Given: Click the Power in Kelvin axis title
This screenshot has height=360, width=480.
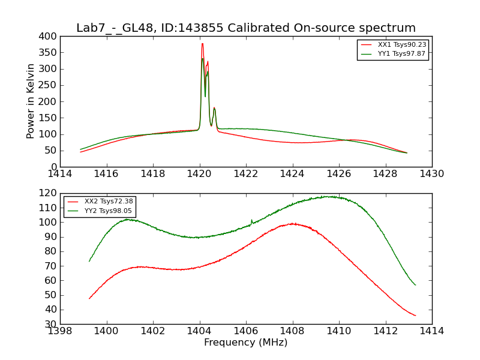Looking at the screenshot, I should click(x=31, y=101).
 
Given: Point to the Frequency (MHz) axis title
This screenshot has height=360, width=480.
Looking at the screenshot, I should click(x=245, y=343).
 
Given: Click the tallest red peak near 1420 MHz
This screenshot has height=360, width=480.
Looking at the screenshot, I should click(x=202, y=43).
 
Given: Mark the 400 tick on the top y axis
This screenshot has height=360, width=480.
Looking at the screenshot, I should click(x=50, y=37).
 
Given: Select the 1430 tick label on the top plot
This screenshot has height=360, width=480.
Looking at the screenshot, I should click(x=431, y=174).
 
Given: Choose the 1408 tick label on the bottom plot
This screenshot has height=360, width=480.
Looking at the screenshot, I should click(x=292, y=331).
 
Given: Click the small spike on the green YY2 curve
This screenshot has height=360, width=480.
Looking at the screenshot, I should click(x=251, y=220).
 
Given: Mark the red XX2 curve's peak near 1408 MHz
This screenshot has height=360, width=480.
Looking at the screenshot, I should click(x=292, y=223).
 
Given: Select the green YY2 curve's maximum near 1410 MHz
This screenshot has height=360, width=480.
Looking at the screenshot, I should click(x=329, y=196).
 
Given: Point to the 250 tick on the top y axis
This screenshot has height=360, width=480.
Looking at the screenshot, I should click(x=50, y=85).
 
